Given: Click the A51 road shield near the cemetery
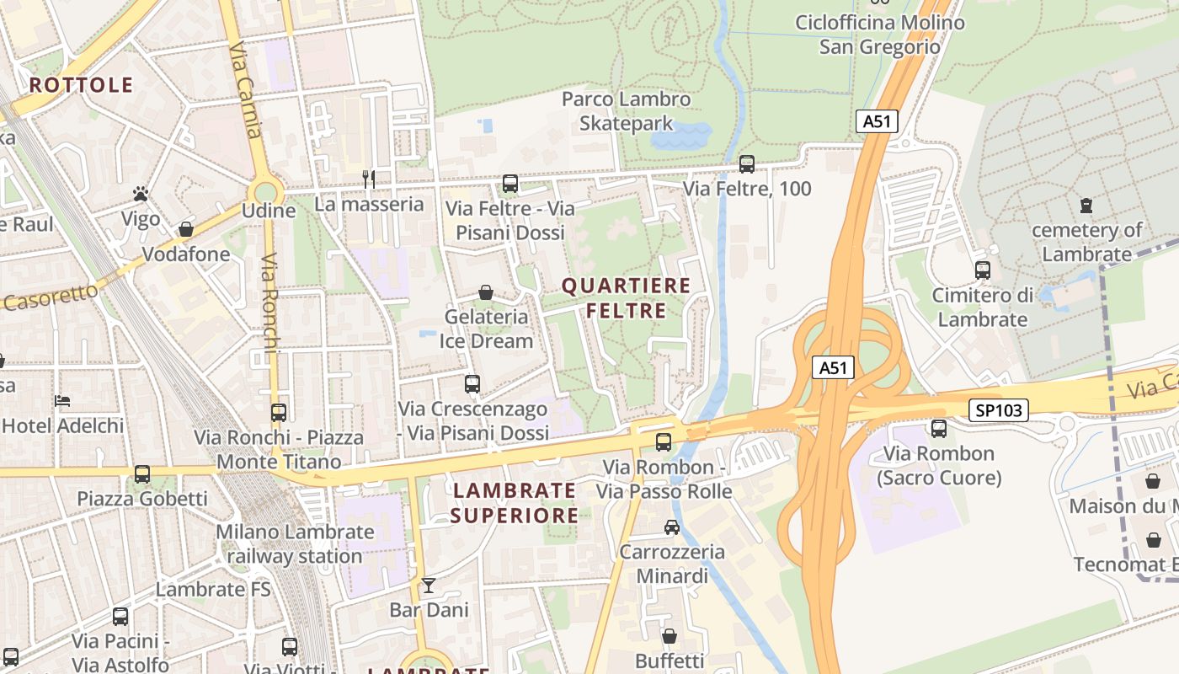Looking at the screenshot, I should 877,121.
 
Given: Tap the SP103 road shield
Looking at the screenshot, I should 1000,410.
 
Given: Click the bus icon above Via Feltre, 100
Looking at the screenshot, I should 746,164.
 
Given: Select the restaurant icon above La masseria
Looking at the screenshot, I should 368,178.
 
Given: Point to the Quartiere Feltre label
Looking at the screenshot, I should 626,298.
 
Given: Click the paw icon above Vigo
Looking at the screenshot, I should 141,195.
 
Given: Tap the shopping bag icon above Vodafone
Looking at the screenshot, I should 185,229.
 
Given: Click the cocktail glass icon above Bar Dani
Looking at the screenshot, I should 429,585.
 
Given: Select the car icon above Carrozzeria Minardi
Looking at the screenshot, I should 671,527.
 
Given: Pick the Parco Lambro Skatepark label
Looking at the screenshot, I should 626,111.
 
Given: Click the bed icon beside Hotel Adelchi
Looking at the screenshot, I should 62,400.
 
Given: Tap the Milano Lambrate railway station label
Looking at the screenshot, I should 295,543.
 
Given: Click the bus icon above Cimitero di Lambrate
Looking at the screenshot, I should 982,270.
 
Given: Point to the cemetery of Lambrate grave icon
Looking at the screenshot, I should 1086,205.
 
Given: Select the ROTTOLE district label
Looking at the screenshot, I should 81,84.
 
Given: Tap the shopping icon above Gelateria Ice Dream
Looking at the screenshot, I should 486,292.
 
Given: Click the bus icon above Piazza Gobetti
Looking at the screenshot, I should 141,473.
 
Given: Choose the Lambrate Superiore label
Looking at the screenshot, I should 514,502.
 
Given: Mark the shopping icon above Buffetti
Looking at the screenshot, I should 669,635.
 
